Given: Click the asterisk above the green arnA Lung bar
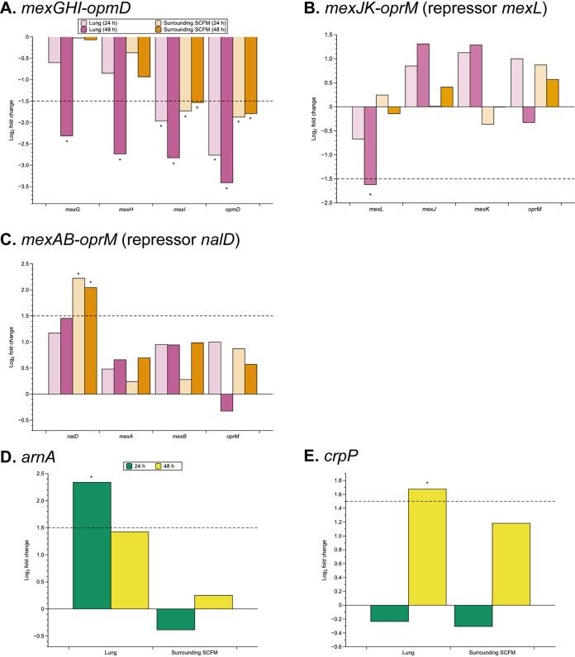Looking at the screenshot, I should click(91, 476).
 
